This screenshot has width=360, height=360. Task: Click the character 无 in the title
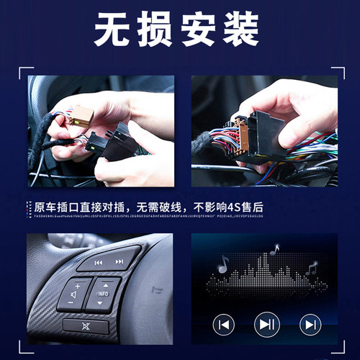point(114,30)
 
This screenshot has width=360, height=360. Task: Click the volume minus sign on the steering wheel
point(71,303)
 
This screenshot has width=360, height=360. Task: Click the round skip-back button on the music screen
point(224,325)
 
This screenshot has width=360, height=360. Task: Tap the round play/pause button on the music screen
point(267,325)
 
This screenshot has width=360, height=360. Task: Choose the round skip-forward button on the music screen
point(310,325)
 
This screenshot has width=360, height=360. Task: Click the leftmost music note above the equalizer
point(223,265)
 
